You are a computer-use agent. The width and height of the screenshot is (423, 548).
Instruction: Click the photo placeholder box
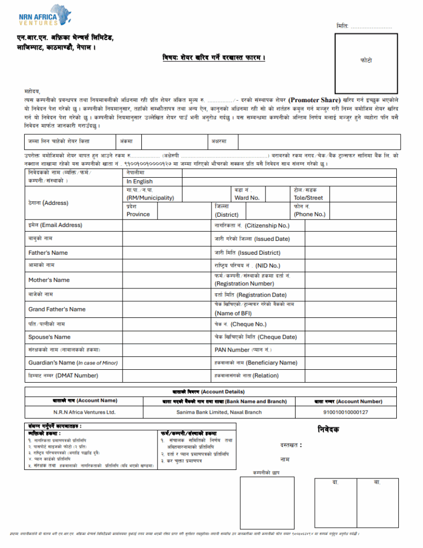pos(366,63)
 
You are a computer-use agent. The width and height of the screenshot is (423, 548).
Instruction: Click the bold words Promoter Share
pos(315,100)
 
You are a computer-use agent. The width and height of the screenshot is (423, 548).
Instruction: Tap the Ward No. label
pos(247,197)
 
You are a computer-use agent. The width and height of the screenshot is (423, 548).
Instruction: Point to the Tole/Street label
pos(308,197)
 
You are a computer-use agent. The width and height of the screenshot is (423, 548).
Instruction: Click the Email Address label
pos(55,225)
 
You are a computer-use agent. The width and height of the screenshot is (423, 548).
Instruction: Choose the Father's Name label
pos(48,253)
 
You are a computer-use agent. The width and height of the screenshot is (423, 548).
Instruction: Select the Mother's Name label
pos(49,280)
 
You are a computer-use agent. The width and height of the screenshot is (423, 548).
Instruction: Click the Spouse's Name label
pos(49,337)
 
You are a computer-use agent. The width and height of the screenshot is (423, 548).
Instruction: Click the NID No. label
pos(247,266)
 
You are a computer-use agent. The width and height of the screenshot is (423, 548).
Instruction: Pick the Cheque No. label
pos(240,324)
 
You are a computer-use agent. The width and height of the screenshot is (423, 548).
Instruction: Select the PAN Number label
pos(241,350)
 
